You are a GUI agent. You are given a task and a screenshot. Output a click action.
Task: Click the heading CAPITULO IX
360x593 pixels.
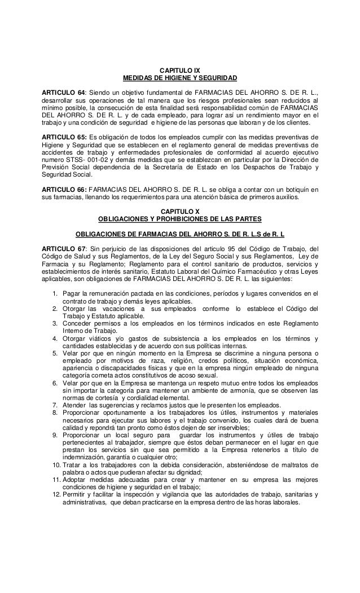pos(180,70)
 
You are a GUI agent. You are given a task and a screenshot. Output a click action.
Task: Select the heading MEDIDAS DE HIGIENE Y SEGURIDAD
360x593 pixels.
pos(180,77)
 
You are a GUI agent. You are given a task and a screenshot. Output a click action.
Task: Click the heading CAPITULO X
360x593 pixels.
pos(180,212)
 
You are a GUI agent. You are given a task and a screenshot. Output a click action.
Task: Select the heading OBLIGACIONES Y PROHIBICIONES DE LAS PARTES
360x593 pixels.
pos(180,219)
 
